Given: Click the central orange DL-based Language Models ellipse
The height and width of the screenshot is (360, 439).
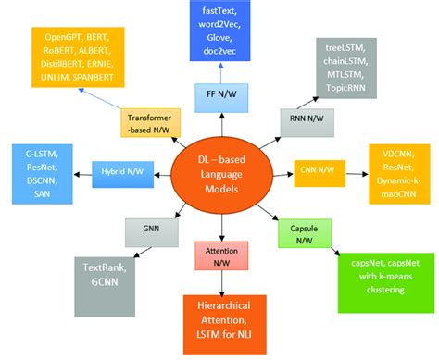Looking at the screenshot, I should (219, 174).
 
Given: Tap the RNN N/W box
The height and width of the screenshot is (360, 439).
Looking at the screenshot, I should (305, 119).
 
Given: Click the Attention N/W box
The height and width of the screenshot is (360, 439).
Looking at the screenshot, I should (219, 256).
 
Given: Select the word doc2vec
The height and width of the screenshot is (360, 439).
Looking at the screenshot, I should (219, 54).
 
